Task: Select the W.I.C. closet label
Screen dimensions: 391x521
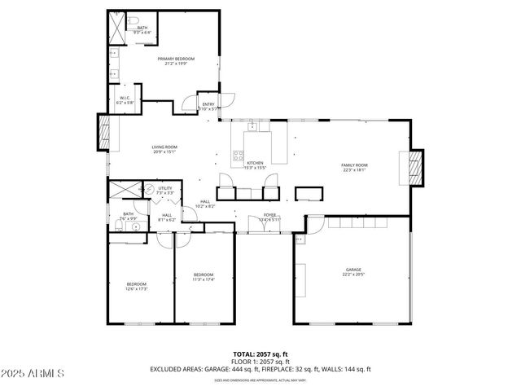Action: (x=125, y=99)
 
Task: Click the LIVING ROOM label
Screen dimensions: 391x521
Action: (x=164, y=147)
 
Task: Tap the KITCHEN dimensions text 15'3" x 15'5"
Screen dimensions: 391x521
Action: (x=256, y=168)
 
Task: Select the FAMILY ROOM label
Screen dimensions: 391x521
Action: (x=354, y=165)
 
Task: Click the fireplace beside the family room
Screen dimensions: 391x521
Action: (x=415, y=168)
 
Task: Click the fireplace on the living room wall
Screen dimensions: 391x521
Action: (x=103, y=132)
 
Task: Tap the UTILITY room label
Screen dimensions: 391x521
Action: (x=165, y=188)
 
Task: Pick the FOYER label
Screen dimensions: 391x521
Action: (x=269, y=215)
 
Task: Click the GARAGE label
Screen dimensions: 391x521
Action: (x=352, y=270)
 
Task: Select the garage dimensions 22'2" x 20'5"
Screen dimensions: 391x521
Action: (x=352, y=275)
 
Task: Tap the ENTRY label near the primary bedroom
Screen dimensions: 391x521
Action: (x=208, y=104)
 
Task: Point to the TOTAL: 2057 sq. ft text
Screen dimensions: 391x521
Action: (x=260, y=354)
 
